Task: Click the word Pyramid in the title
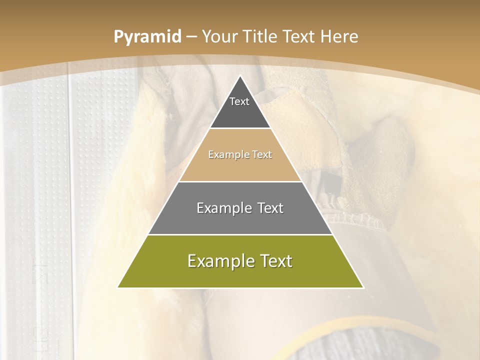click(147, 37)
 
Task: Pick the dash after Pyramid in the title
click(192, 37)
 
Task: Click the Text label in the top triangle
click(239, 101)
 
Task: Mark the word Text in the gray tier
click(270, 208)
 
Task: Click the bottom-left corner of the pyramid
click(118, 287)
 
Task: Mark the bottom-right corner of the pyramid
click(362, 287)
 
